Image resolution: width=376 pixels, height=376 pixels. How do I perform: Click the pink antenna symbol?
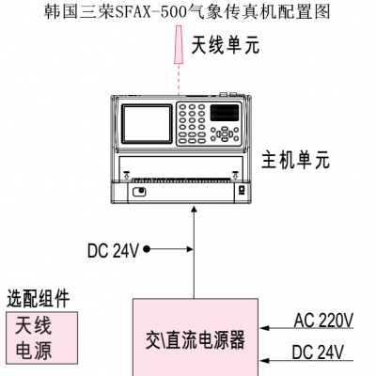(179, 45)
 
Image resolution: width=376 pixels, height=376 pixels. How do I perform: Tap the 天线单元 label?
(226, 45)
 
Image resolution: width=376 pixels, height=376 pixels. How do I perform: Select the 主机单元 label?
(295, 160)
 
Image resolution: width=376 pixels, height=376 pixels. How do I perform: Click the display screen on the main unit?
(147, 124)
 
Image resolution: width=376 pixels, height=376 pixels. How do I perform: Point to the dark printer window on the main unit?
(225, 113)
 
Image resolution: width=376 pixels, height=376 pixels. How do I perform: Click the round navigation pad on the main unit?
(225, 134)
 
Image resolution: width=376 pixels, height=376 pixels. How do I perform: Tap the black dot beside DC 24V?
(147, 249)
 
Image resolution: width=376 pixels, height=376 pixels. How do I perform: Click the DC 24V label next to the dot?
(113, 251)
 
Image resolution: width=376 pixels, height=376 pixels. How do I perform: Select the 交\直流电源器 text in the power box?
(195, 340)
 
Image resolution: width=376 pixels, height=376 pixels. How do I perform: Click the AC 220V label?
(323, 321)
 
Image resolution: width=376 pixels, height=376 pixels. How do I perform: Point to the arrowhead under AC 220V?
(265, 328)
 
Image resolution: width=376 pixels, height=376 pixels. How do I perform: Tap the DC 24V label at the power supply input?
(318, 352)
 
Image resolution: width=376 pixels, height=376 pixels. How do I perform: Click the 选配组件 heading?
(38, 298)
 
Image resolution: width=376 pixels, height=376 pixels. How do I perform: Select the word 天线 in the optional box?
(33, 326)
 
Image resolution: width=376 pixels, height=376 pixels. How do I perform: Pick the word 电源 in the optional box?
(33, 350)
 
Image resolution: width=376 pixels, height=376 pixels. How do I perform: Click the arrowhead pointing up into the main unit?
(195, 210)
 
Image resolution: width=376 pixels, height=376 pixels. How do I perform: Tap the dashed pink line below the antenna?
(179, 80)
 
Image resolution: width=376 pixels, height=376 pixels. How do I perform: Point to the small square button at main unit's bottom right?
(242, 190)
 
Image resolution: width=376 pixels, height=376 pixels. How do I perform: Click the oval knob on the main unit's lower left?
(139, 192)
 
